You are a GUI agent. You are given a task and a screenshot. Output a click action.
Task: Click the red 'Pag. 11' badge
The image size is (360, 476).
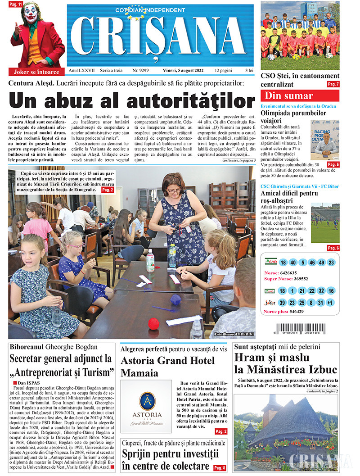16,5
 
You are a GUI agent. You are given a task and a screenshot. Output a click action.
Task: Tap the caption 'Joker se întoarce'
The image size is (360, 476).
36,72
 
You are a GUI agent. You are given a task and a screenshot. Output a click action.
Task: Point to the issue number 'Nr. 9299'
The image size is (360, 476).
141,71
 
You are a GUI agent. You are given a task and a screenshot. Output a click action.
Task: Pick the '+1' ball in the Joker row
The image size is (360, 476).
331,302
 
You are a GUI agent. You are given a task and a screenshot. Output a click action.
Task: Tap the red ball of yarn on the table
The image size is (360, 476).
154,323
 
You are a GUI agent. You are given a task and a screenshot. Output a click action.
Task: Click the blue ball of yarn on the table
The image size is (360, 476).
175,299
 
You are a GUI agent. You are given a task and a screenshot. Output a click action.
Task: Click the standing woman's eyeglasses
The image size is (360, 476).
174,191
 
